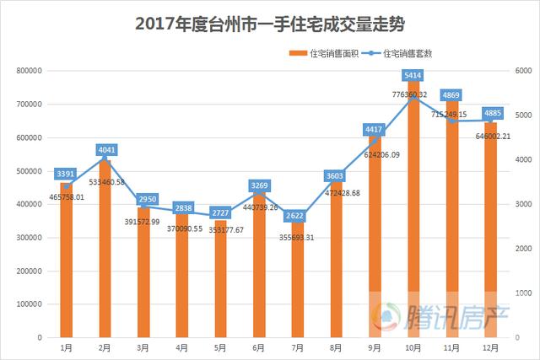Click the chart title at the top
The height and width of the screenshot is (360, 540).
coord(270,24)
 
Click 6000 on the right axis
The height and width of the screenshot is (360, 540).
coord(514,71)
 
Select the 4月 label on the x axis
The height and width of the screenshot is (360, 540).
coord(181,347)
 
